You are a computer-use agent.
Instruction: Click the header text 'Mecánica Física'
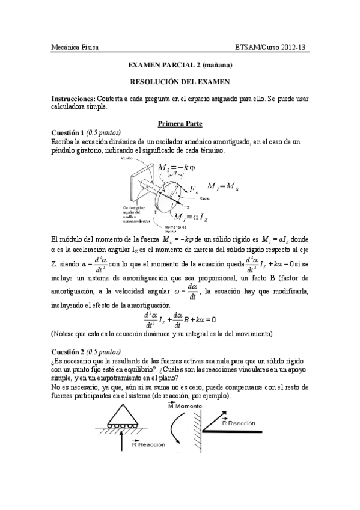point(75,47)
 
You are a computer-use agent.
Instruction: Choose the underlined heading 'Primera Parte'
point(180,123)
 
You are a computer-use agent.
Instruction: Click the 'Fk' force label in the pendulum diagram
point(194,190)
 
